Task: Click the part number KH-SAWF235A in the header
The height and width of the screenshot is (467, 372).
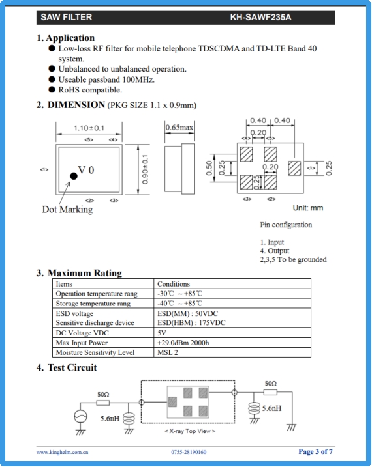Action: [260, 18]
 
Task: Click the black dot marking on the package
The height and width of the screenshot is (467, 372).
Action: [73, 176]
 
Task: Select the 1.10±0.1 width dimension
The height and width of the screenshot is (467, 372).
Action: [89, 128]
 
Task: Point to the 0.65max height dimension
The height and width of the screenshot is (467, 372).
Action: [179, 128]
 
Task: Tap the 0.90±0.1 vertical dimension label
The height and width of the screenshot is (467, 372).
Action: [145, 169]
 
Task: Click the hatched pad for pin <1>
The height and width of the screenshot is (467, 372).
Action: [294, 168]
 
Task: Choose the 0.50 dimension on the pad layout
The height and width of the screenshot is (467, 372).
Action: [209, 168]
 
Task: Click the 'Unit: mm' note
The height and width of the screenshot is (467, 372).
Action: [308, 208]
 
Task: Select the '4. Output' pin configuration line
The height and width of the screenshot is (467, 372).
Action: [275, 251]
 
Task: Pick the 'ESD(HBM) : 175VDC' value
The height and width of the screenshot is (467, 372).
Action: [191, 323]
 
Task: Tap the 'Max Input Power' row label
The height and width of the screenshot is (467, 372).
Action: [82, 343]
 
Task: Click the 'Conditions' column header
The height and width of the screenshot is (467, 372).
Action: [174, 284]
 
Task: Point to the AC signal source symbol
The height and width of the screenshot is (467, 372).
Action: [80, 416]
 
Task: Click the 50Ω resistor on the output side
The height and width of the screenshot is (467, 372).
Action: [270, 392]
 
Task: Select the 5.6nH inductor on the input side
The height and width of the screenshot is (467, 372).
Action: [129, 418]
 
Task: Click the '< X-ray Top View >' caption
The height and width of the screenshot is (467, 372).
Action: [190, 431]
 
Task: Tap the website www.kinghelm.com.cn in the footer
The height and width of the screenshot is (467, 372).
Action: [63, 452]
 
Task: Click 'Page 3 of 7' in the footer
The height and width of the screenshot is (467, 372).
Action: [315, 451]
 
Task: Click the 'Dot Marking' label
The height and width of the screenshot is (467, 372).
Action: [67, 209]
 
